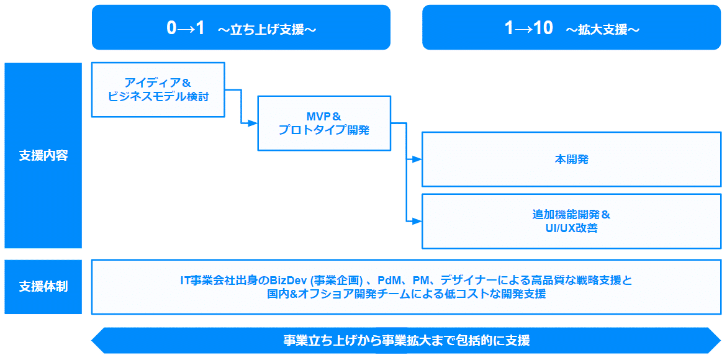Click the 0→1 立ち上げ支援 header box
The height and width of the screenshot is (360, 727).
[x=241, y=27]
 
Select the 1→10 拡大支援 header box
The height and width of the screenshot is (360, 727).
[x=572, y=27]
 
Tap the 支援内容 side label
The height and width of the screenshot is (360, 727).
[x=43, y=155]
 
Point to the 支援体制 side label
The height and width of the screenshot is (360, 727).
[x=43, y=287]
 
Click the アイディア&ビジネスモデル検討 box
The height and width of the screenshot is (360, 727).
[x=158, y=89]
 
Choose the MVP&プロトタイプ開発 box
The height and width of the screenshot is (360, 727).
[x=324, y=123]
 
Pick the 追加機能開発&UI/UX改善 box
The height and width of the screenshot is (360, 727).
[x=571, y=221]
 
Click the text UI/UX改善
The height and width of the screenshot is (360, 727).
[x=571, y=228]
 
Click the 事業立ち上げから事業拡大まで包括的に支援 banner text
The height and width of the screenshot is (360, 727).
[x=407, y=340]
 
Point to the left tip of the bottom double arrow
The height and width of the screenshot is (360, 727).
[x=94, y=340]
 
